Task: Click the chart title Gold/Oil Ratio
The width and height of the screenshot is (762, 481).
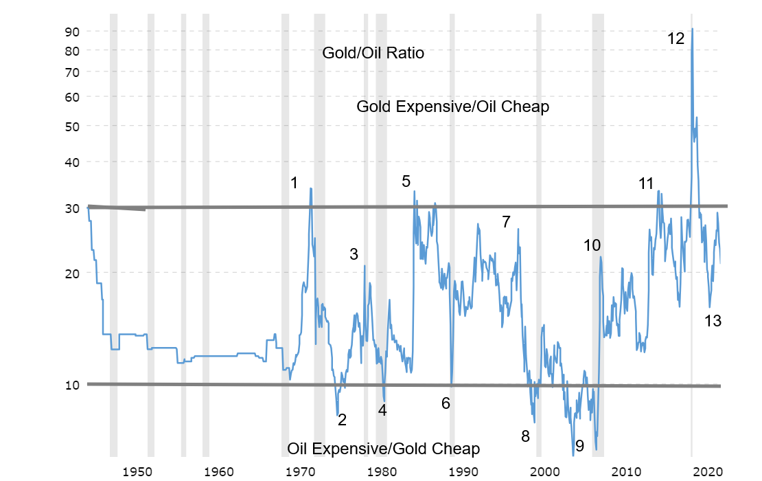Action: [373, 54]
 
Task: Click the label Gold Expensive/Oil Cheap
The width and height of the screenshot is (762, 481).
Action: [452, 107]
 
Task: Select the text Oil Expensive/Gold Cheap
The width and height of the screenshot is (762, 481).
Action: [383, 449]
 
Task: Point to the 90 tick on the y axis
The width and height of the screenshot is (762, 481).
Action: [73, 32]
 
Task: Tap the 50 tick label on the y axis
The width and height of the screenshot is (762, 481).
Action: [73, 126]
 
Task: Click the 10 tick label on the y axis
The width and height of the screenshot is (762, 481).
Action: [73, 385]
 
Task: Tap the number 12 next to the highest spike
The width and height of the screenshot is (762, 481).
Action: [676, 39]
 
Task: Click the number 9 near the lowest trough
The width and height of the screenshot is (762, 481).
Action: [579, 446]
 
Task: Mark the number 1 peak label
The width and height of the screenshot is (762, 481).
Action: [295, 183]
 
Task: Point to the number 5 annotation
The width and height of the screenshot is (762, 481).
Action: [406, 181]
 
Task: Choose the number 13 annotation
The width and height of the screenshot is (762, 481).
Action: [713, 320]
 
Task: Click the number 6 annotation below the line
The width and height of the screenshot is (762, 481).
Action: [446, 403]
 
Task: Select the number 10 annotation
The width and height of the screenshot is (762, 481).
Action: [592, 245]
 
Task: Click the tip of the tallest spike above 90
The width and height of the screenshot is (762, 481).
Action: [692, 29]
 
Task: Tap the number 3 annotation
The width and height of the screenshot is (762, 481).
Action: [354, 254]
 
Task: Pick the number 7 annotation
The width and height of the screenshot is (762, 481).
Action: [506, 222]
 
